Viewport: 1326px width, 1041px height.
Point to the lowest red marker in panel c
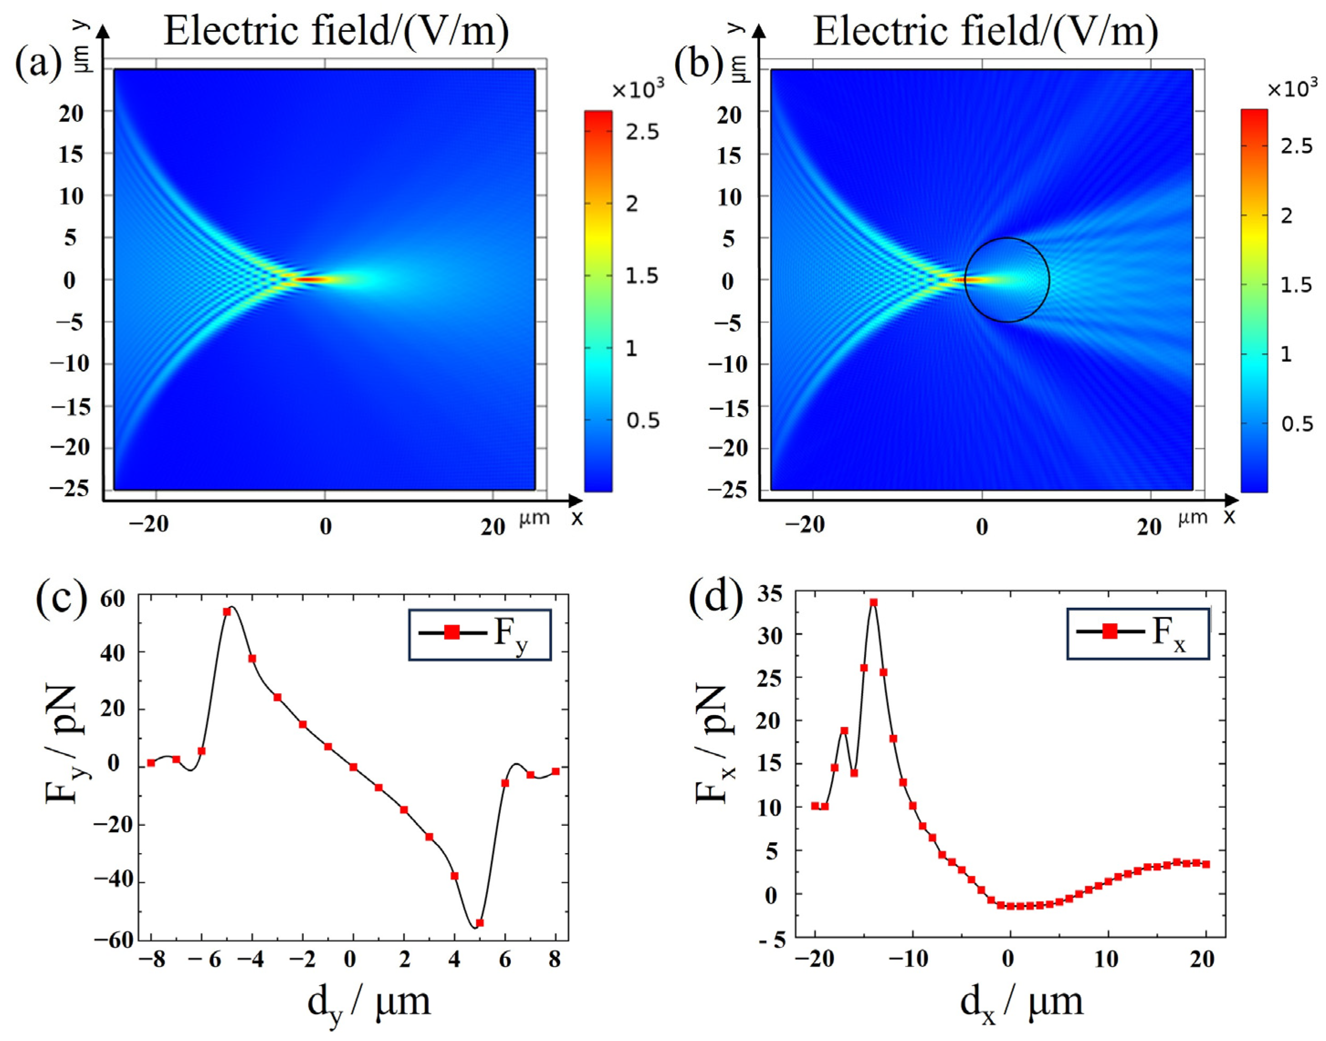click(479, 923)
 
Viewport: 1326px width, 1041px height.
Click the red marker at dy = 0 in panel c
click(353, 767)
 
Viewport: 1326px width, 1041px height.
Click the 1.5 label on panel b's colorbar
click(1295, 285)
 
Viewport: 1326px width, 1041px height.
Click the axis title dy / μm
click(369, 1002)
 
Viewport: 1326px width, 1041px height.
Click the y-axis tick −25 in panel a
click(71, 489)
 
